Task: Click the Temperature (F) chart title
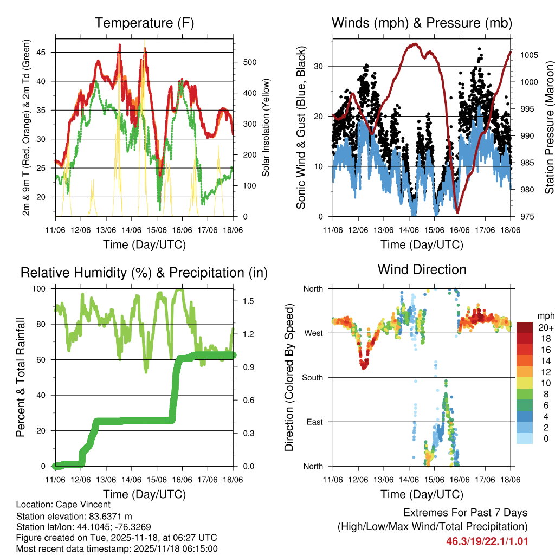pos(144,23)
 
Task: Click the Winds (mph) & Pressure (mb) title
pos(422,23)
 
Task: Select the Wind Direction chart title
pos(422,269)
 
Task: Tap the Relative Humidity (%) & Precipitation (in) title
pos(144,273)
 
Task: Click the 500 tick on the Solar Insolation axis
pos(250,62)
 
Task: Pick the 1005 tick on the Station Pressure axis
pos(527,55)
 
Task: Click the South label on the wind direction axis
pos(312,377)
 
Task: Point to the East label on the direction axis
pos(314,422)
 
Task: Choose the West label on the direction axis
pos(313,333)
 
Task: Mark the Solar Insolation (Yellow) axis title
pos(266,128)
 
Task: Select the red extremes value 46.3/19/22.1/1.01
pos(487,541)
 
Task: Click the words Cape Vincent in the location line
pos(80,505)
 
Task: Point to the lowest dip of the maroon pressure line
pos(457,212)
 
